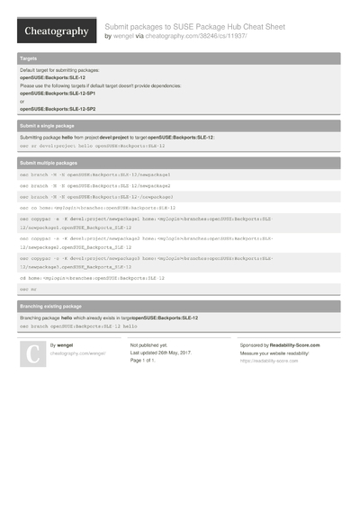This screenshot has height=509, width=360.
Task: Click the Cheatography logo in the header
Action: [55, 32]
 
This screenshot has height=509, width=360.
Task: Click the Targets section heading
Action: [28, 58]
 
